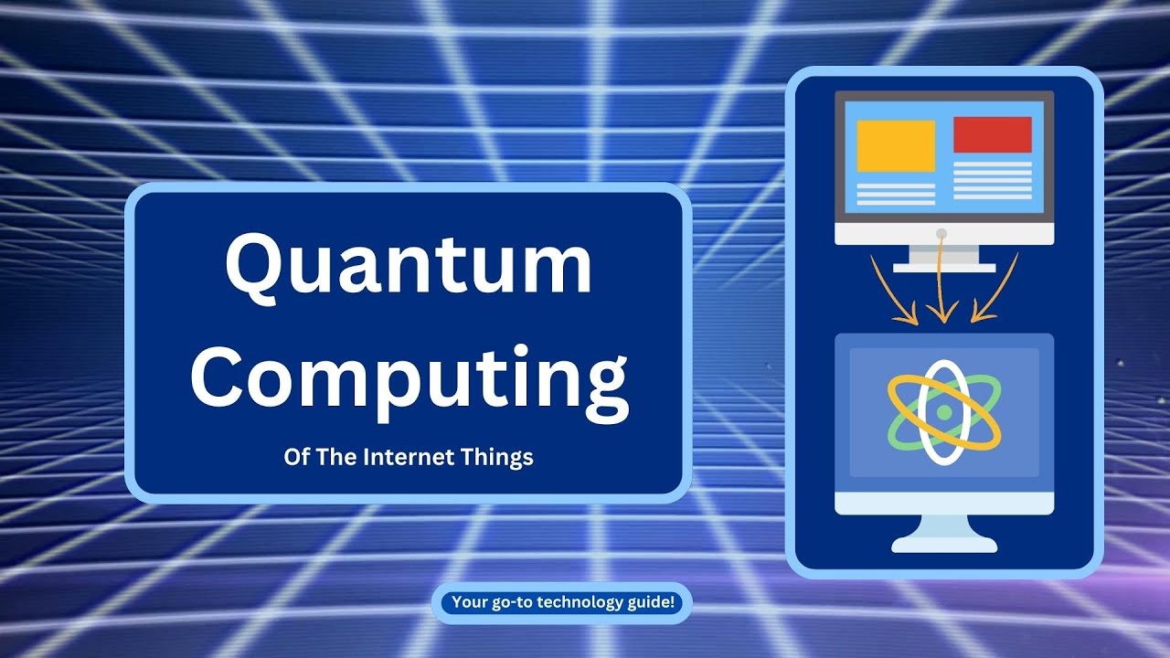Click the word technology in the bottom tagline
579,602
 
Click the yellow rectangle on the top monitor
896,146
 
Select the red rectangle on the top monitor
992,135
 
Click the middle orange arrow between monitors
942,288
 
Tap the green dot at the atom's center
944,413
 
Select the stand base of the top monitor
944,267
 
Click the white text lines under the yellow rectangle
896,193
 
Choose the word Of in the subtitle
297,457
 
